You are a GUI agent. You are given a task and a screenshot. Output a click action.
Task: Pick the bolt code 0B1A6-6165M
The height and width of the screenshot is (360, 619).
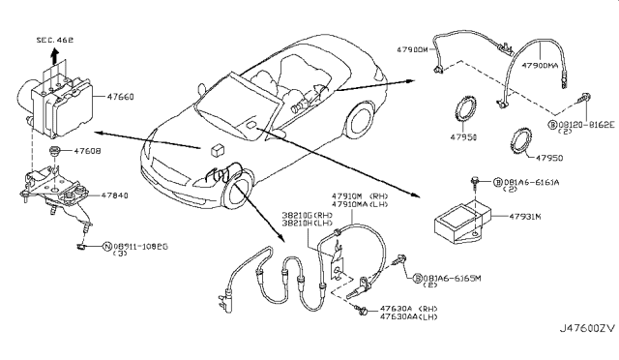(x=460, y=278)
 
